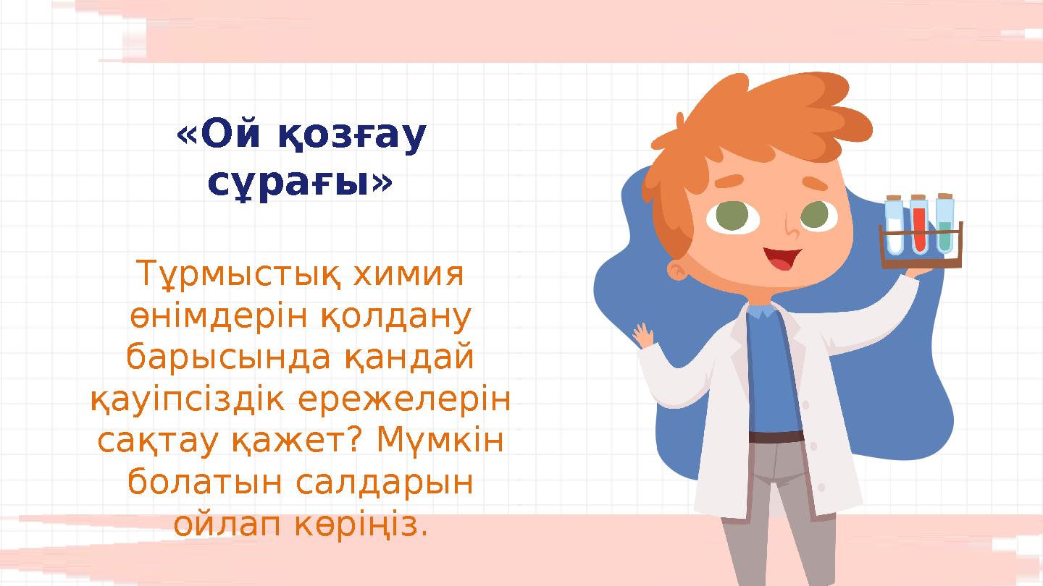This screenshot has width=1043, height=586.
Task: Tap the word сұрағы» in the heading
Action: pyautogui.click(x=300, y=184)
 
